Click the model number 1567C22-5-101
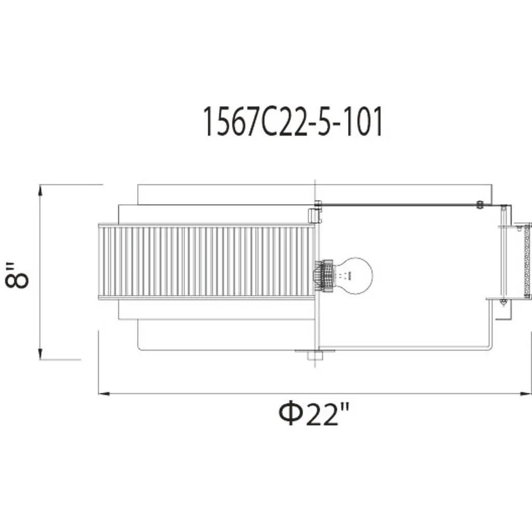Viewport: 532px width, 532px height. (x=293, y=121)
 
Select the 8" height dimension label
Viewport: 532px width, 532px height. (x=17, y=275)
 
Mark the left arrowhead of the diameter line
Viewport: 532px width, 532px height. (x=104, y=394)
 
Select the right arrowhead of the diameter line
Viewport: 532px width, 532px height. (x=526, y=394)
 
